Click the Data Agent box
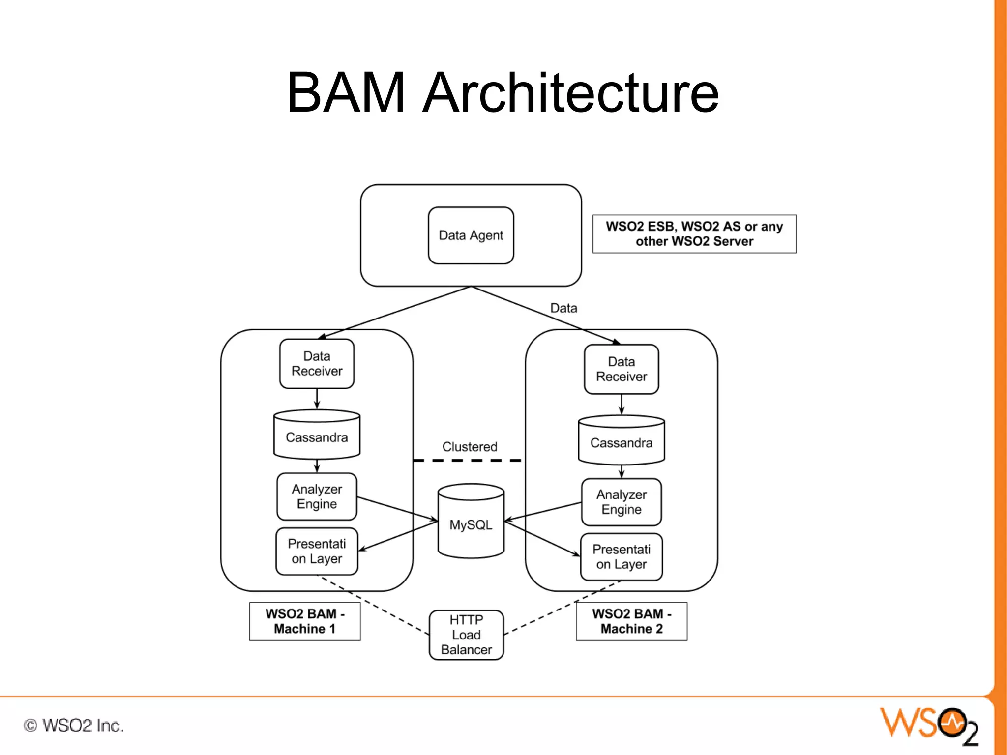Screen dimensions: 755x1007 pos(471,235)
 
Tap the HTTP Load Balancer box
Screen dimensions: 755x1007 pos(466,635)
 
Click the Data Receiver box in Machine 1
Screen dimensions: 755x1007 pos(317,364)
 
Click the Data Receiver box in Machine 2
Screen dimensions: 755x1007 pos(621,369)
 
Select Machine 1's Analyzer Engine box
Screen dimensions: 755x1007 pos(317,496)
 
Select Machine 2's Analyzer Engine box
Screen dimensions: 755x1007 pos(621,502)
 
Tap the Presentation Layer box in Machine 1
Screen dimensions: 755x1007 pos(317,551)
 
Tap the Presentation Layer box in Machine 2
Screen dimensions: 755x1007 pos(621,557)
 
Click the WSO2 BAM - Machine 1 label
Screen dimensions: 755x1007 pos(305,621)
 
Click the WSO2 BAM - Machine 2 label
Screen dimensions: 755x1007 pos(631,621)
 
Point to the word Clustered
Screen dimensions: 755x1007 pos(470,447)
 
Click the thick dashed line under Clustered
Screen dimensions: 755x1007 pos(467,461)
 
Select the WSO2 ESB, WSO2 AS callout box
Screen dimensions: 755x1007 pos(694,234)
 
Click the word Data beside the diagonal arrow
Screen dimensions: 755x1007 pos(563,308)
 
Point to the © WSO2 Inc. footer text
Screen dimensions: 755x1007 pos(74,726)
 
